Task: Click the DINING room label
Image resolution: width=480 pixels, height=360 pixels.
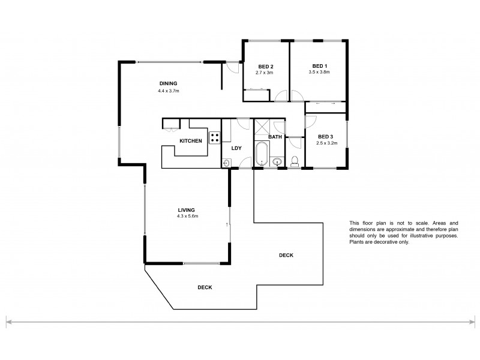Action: tap(168, 83)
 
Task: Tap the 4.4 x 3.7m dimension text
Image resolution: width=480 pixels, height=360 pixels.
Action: tap(169, 91)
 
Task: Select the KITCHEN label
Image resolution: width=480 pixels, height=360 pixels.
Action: tap(191, 140)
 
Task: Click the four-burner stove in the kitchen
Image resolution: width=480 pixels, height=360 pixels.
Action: tap(214, 137)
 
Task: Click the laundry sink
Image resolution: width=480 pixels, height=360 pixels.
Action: tap(227, 162)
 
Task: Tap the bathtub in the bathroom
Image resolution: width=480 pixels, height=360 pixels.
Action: tap(261, 154)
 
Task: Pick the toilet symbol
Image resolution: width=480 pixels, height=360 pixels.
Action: tap(294, 161)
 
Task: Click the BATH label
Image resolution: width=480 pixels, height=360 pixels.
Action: tap(275, 137)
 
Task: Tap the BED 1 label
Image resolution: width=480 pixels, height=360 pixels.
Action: tap(319, 66)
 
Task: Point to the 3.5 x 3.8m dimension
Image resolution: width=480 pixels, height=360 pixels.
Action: tap(319, 73)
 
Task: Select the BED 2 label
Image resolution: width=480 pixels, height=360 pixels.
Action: tap(266, 66)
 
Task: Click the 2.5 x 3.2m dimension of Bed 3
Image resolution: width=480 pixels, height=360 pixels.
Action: tap(328, 143)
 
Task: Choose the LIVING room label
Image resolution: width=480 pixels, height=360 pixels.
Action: tap(187, 209)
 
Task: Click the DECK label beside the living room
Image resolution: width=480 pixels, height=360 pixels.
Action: tap(286, 255)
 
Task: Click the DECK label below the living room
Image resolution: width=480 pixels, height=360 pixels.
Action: tap(205, 287)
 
